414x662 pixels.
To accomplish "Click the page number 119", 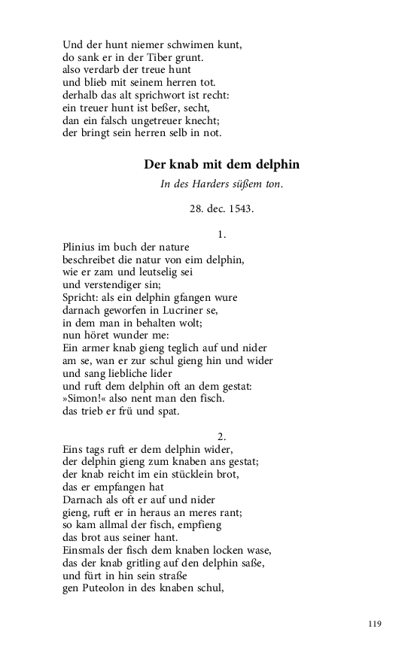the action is pos(376,624).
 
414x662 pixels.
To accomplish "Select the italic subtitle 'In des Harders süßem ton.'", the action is pos(221,185).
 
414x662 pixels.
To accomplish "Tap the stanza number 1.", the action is pos(222,235).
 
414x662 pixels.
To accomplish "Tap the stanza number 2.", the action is pos(222,436).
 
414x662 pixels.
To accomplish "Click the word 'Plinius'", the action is pos(80,247).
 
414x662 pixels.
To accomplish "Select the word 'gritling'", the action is pos(132,563).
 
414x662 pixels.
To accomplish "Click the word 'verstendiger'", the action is pos(114,284).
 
